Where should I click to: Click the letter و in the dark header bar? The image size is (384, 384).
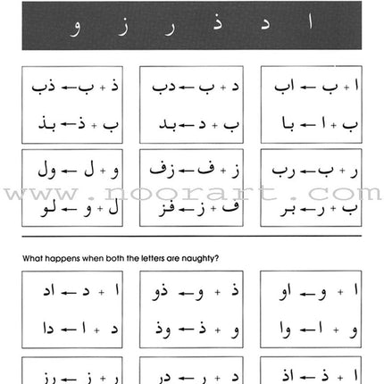click(x=73, y=31)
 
